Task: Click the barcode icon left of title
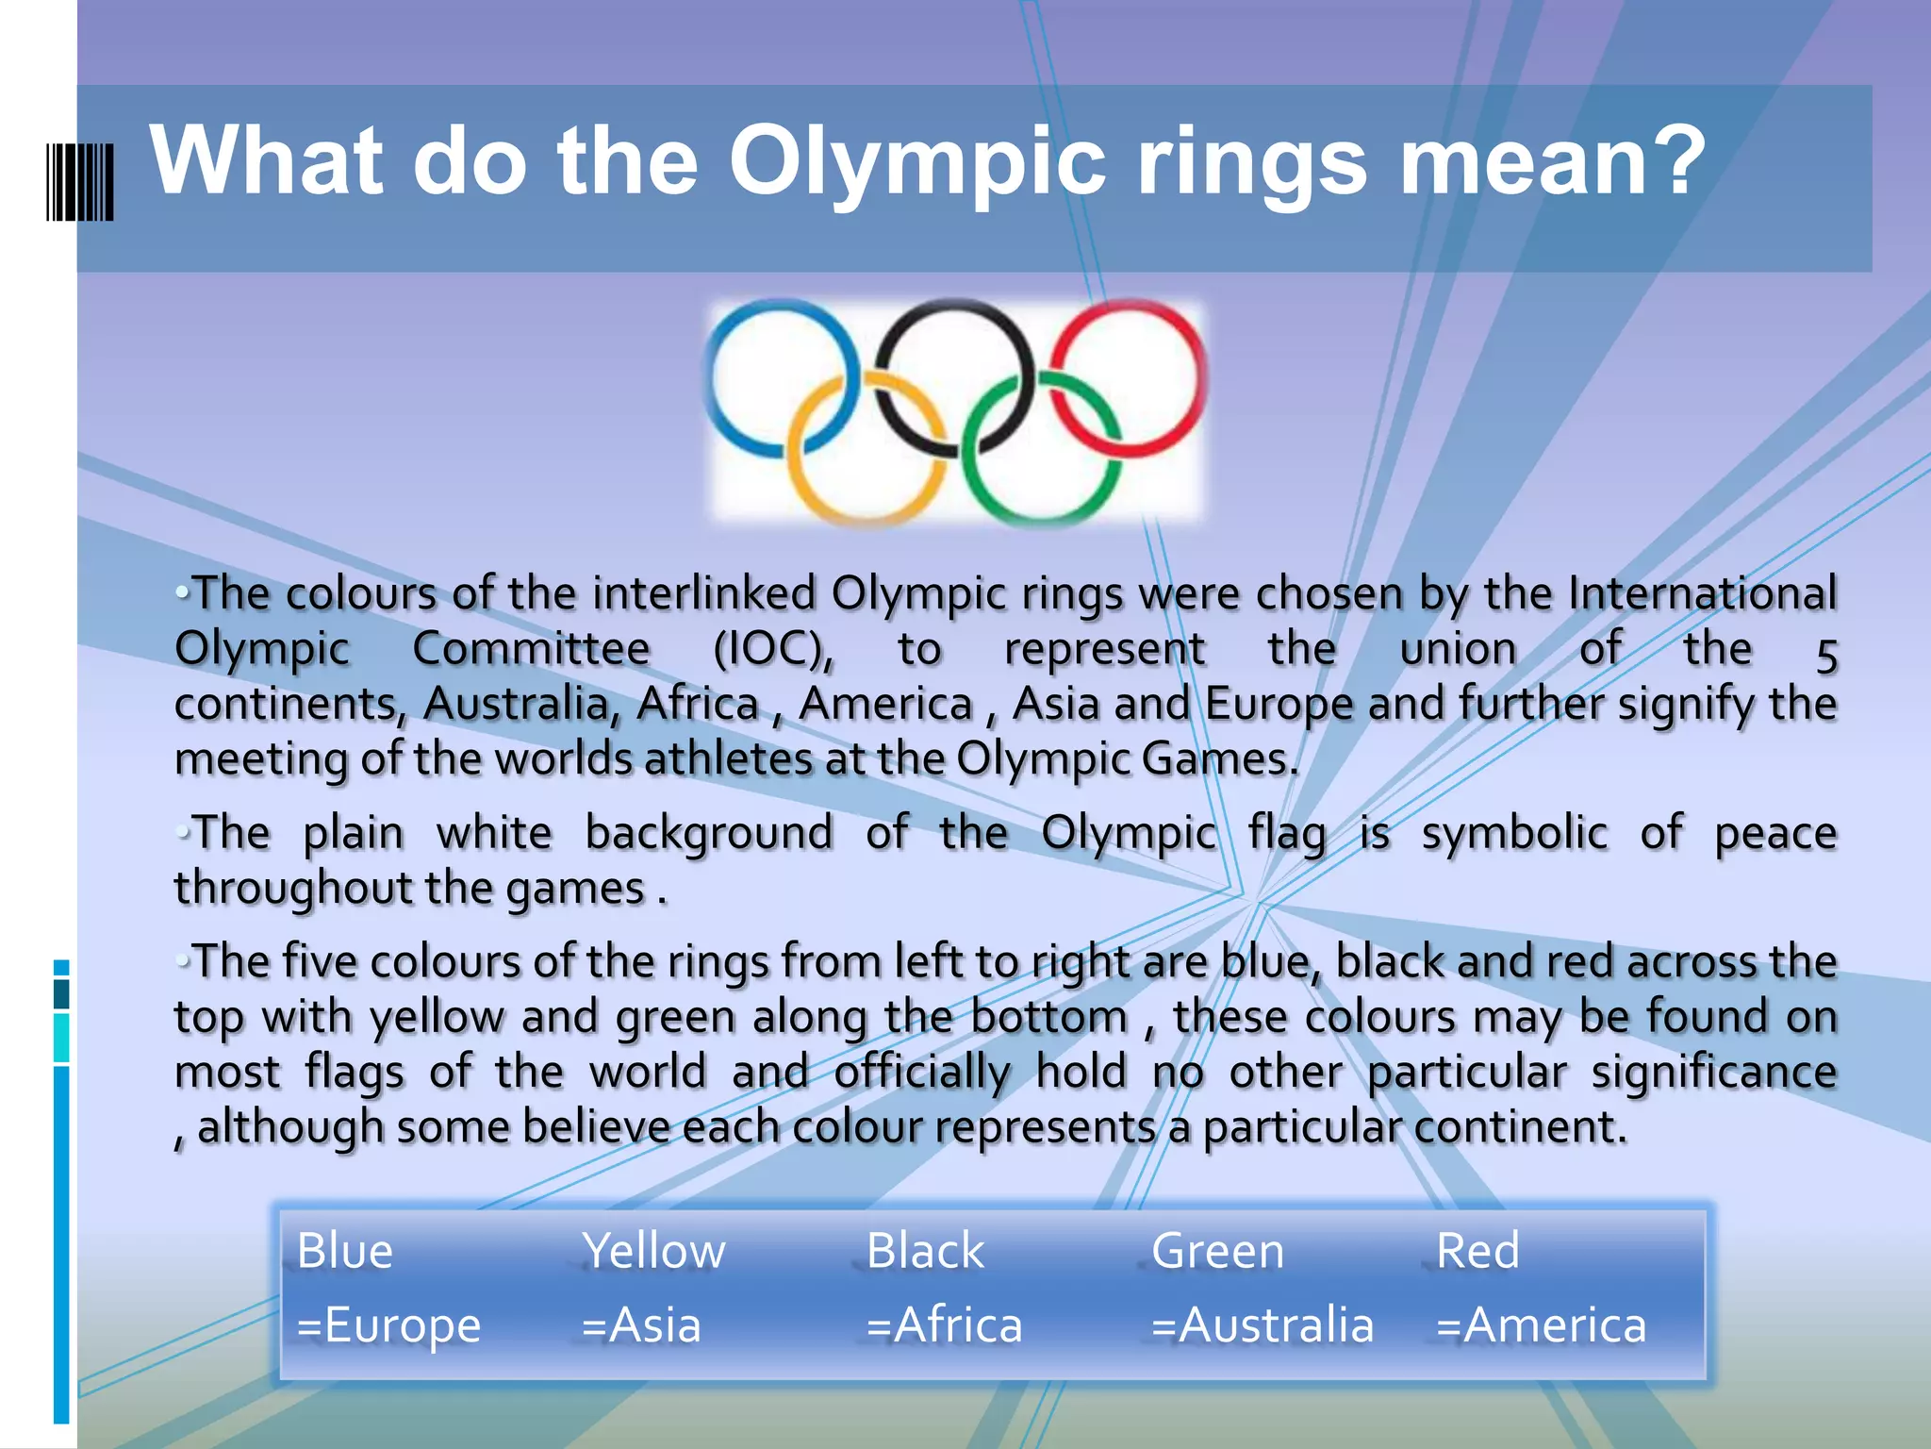point(80,182)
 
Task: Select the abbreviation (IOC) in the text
point(772,649)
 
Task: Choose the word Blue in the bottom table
point(344,1251)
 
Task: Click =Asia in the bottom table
point(641,1324)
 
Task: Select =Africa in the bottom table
point(944,1324)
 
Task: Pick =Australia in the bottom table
point(1262,1324)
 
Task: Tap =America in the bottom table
point(1541,1324)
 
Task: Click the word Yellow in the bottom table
point(652,1251)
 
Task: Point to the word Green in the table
point(1217,1251)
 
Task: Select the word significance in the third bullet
point(1714,1073)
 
